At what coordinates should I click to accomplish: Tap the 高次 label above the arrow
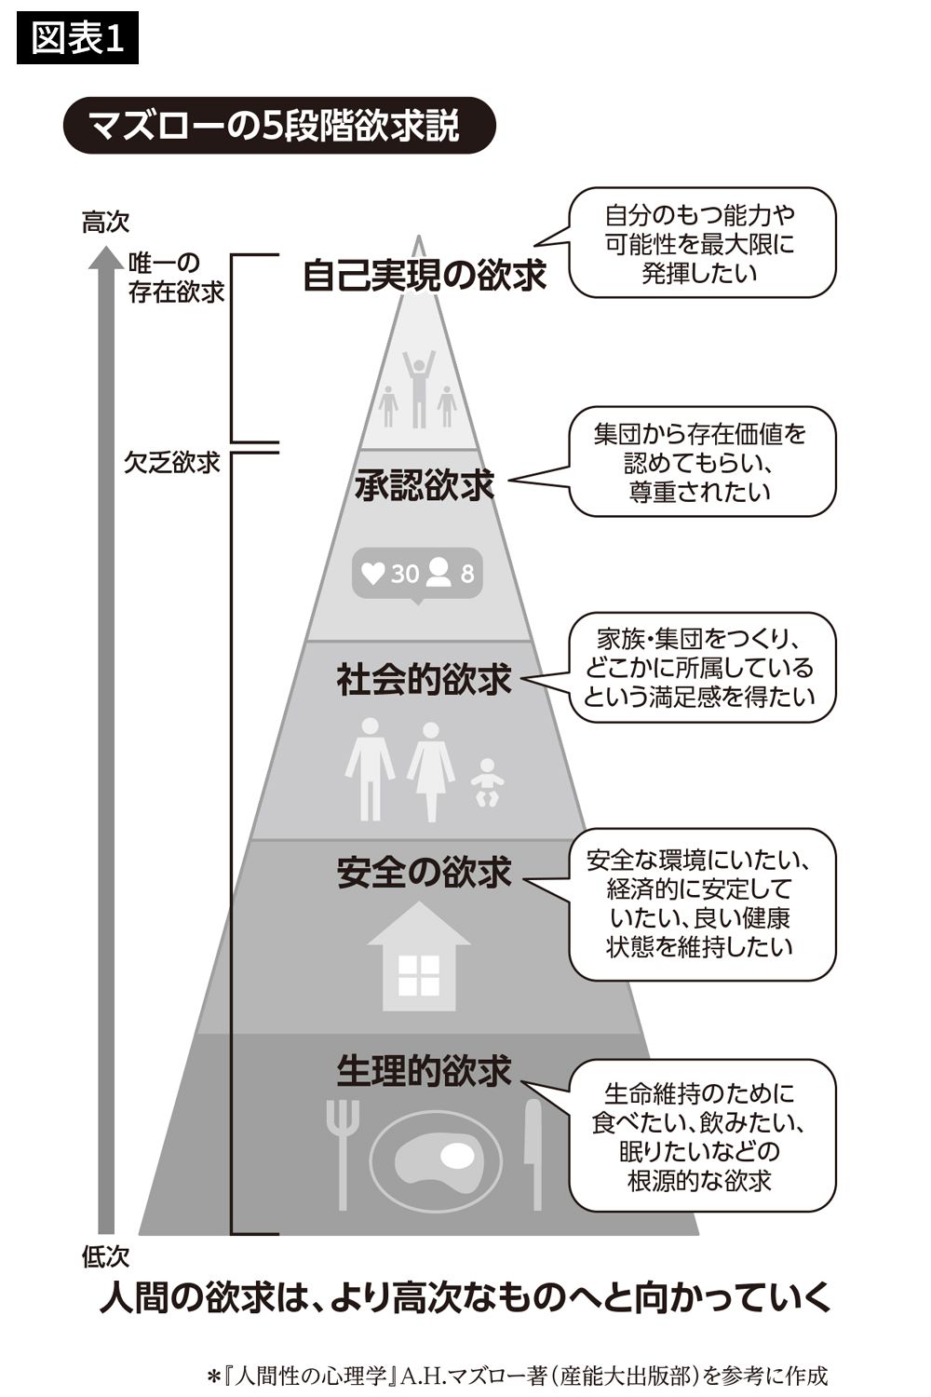[x=105, y=223]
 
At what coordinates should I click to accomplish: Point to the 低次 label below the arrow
[x=105, y=1257]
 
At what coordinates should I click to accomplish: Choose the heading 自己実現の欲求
[x=425, y=276]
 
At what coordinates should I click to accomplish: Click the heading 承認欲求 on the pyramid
[x=425, y=485]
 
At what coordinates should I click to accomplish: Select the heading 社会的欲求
[x=425, y=680]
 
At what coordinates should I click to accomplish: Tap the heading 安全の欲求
[x=425, y=873]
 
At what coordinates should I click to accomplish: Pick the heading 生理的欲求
[x=425, y=1071]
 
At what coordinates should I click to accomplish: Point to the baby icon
[x=486, y=782]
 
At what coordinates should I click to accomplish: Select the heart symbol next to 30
[x=373, y=573]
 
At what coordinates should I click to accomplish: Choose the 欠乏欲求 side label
[x=172, y=462]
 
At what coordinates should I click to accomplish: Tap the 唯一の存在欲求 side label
[x=177, y=278]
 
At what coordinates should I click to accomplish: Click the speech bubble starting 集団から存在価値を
[x=701, y=462]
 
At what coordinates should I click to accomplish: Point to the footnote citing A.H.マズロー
[x=518, y=1376]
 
